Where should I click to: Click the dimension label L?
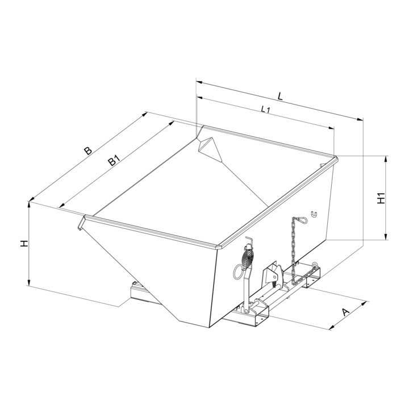click(280, 96)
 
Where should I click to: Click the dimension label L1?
click(265, 109)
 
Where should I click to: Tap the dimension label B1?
click(114, 160)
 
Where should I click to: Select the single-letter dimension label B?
click(88, 151)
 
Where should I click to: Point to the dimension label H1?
click(381, 198)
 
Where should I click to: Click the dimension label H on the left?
click(24, 244)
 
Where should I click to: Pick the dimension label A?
click(345, 312)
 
